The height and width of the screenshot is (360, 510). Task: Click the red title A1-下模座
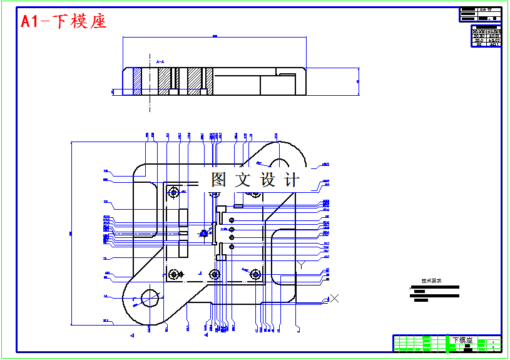[x=63, y=21]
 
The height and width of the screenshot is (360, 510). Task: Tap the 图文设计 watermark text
[x=255, y=180]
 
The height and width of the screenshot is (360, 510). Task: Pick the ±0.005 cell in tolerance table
[x=494, y=31]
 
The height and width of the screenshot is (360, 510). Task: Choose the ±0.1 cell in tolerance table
[x=494, y=44]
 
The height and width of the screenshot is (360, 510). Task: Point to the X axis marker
[x=335, y=298]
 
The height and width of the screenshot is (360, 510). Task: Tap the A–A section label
[x=160, y=62]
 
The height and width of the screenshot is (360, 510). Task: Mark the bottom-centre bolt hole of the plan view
[x=215, y=274]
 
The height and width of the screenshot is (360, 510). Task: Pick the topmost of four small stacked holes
[x=232, y=220]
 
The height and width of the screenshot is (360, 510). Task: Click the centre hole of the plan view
[x=204, y=234]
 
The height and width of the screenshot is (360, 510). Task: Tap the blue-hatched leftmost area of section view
[x=137, y=81]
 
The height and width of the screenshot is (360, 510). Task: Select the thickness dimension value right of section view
[x=357, y=81]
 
